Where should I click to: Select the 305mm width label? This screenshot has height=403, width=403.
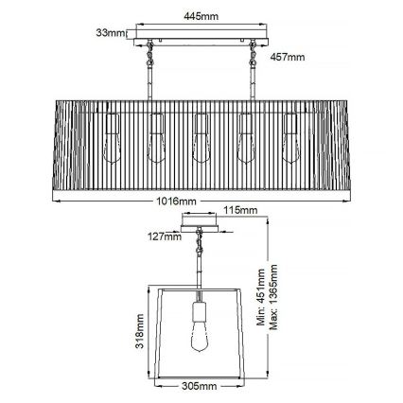(201, 387)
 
